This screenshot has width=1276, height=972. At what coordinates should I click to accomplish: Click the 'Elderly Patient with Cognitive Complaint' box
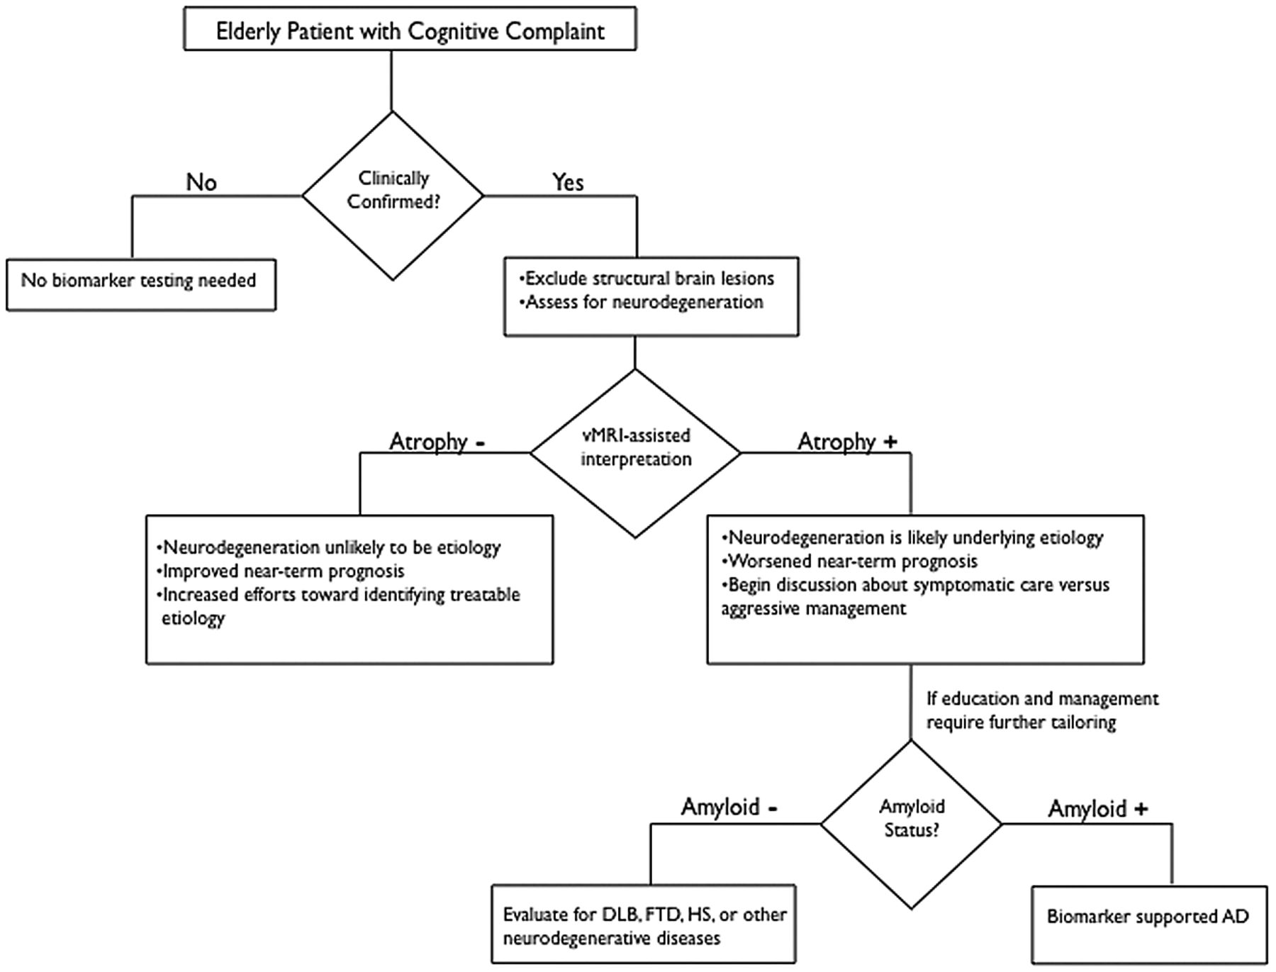pyautogui.click(x=410, y=28)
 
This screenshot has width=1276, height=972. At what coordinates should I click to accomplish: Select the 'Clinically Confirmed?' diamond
pyautogui.click(x=393, y=196)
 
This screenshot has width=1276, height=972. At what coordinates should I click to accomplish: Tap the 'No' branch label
pyautogui.click(x=201, y=182)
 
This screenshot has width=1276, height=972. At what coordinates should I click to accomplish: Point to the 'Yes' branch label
pyautogui.click(x=568, y=182)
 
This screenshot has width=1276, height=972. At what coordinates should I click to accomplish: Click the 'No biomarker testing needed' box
pyautogui.click(x=140, y=284)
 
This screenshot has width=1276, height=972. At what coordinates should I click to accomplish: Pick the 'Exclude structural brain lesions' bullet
pyautogui.click(x=647, y=278)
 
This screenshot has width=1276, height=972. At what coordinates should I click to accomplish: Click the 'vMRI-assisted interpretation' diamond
pyautogui.click(x=635, y=453)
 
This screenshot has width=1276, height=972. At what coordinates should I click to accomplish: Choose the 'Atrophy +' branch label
pyautogui.click(x=847, y=442)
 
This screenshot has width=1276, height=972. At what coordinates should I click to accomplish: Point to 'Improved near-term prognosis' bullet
pyautogui.click(x=280, y=571)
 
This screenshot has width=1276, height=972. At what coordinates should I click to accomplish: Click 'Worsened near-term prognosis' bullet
pyautogui.click(x=849, y=561)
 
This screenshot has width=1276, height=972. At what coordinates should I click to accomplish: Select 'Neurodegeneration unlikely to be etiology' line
pyautogui.click(x=328, y=547)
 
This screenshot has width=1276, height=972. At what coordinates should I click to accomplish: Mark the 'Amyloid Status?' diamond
pyautogui.click(x=912, y=824)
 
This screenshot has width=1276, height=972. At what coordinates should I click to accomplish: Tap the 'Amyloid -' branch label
pyautogui.click(x=730, y=808)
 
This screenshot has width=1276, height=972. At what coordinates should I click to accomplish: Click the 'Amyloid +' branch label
pyautogui.click(x=1098, y=809)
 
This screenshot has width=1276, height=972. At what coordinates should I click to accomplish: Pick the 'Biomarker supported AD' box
pyautogui.click(x=1149, y=924)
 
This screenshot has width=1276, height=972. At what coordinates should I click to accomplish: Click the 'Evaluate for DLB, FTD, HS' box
pyautogui.click(x=644, y=924)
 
